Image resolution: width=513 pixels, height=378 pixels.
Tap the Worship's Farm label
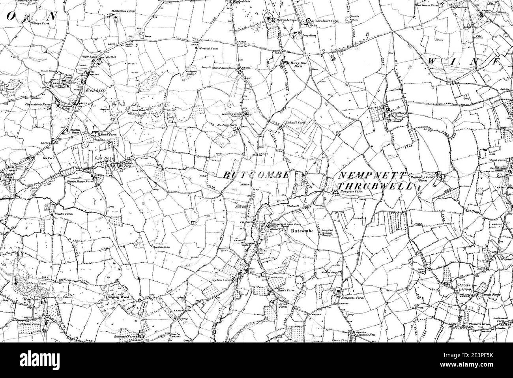tap(209, 49)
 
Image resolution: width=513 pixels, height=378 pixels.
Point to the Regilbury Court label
tap(397, 114)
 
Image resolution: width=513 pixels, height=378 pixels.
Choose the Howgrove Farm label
tap(351, 192)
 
